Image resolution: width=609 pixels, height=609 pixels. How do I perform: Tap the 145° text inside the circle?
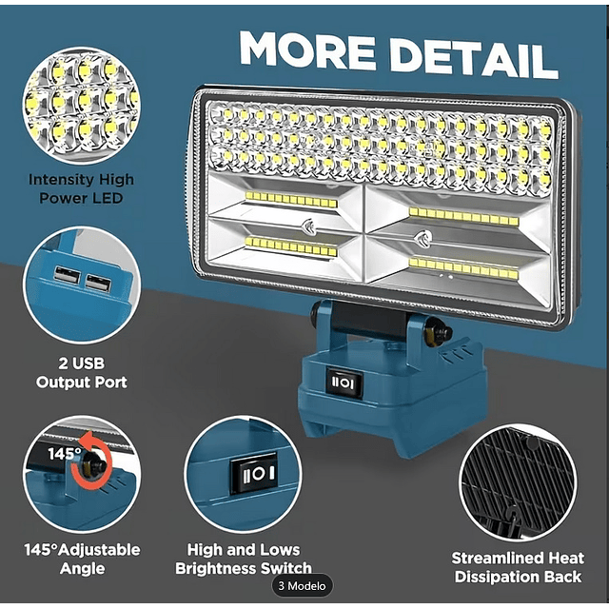tap(64, 453)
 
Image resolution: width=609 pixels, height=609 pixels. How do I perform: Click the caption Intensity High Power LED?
tap(81, 188)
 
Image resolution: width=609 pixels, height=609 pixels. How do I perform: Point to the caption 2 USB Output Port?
tap(82, 373)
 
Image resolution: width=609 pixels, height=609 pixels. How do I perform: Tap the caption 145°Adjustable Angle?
tap(82, 560)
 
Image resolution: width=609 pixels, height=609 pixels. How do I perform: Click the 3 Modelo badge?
tap(303, 586)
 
